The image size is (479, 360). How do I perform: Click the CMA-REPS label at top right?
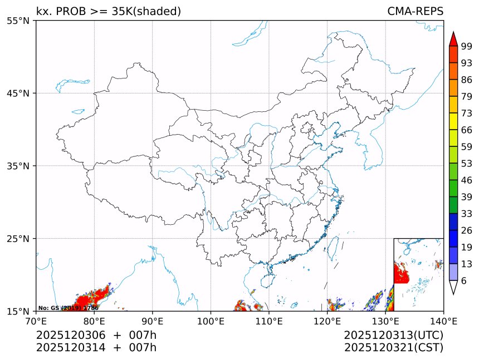coord(415,11)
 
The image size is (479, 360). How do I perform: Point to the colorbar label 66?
coord(466,130)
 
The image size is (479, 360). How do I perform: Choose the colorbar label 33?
coord(466,214)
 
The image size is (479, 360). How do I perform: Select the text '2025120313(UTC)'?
coord(393,335)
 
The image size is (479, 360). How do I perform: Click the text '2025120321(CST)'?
coord(393,348)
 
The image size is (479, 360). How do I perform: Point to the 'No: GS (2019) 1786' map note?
coord(68,308)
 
